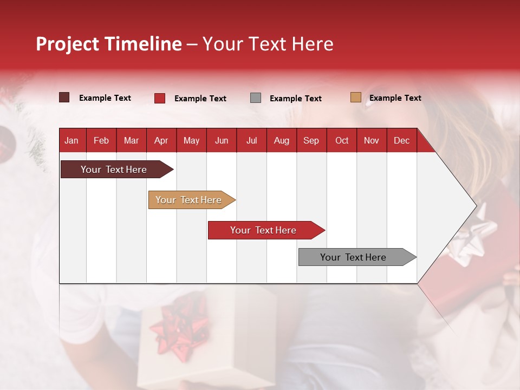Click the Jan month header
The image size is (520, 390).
71,141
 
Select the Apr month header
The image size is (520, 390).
161,141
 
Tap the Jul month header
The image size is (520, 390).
252,141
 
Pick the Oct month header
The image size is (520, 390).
342,141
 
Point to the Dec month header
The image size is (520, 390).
401,141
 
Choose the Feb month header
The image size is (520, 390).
101,141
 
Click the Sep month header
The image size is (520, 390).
311,141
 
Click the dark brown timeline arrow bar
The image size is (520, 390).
117,169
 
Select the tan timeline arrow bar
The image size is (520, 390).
192,200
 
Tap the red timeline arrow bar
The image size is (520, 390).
266,230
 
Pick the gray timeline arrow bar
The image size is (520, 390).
357,257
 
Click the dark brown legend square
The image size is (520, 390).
64,97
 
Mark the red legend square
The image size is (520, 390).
160,98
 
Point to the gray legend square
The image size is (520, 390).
255,98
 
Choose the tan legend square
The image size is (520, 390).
356,97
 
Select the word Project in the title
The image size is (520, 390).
67,44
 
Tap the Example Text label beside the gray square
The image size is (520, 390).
296,99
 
